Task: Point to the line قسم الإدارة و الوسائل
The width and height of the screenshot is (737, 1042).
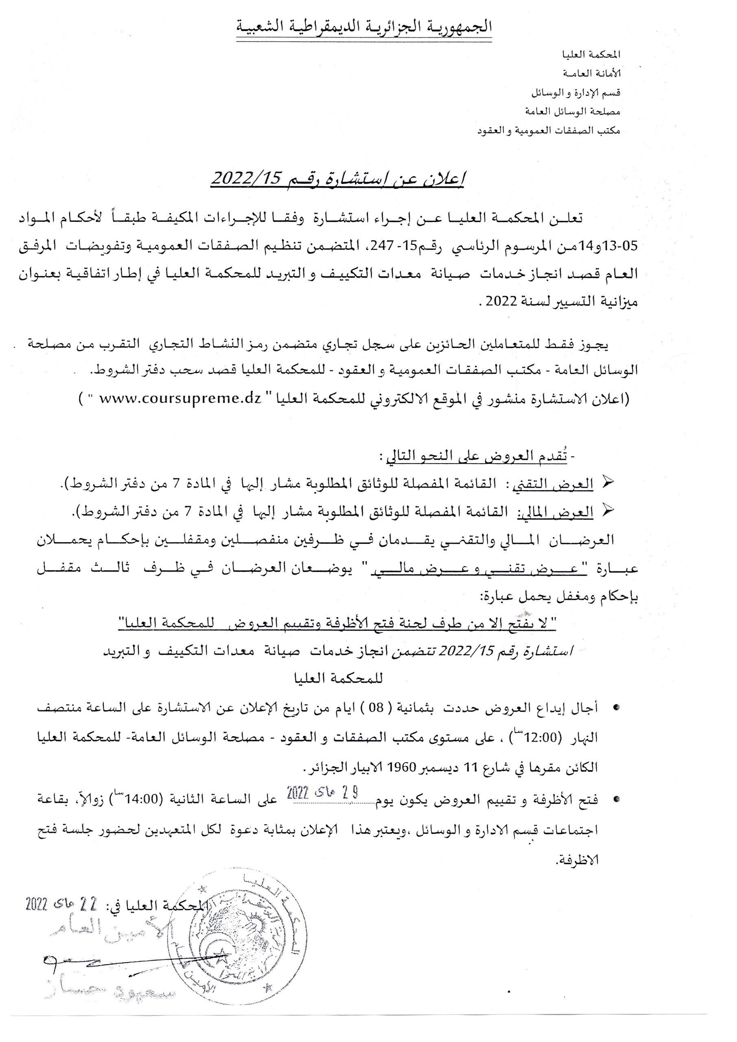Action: pyautogui.click(x=576, y=92)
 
